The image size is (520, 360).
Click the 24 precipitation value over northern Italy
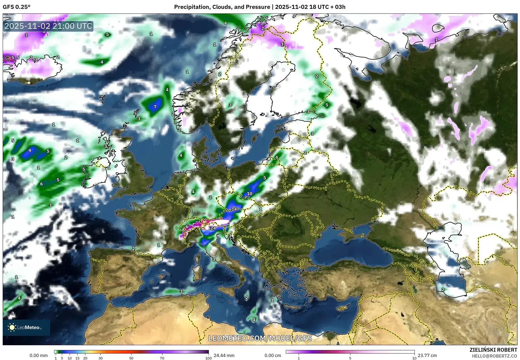tap(213, 228)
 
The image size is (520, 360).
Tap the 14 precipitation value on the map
tap(234, 209)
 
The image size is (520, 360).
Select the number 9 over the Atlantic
tap(30, 151)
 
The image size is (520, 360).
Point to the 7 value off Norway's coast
tap(155, 107)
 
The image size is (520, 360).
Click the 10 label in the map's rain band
tap(250, 194)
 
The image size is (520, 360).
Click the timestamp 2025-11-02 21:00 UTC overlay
tap(48, 26)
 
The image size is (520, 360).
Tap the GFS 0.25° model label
tap(16, 7)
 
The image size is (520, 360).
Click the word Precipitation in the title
tap(191, 7)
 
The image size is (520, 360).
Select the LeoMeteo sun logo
tap(12, 327)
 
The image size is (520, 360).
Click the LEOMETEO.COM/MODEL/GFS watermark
tap(260, 338)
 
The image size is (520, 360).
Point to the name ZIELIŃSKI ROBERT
tap(493, 350)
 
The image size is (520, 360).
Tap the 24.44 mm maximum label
tap(224, 355)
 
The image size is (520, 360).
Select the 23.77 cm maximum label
tap(427, 355)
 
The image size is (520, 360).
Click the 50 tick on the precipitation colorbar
tap(131, 358)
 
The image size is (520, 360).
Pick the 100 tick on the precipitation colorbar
tap(208, 358)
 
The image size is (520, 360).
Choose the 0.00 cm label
tap(273, 355)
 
